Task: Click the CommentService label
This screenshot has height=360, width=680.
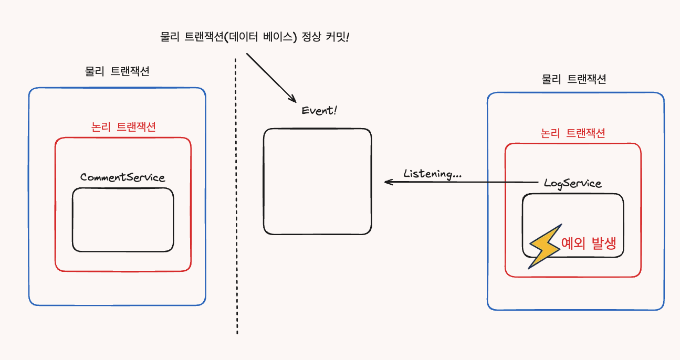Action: point(122,177)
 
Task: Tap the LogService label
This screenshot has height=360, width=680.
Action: point(572,183)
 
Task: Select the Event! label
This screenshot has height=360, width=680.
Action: point(318,111)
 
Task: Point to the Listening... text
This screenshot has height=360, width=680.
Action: point(432,174)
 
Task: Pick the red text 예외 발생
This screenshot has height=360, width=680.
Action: point(588,243)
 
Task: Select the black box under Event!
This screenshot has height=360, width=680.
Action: point(317,181)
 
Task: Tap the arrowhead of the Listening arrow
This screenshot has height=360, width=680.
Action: point(388,182)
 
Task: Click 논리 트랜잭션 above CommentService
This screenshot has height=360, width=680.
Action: point(123,127)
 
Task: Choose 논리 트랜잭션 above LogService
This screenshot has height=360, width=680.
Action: point(573,133)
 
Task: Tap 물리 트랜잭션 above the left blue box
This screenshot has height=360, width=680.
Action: point(117,71)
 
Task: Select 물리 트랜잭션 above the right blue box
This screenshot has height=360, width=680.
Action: point(574,79)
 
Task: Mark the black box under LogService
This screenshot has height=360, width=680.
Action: point(573,225)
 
